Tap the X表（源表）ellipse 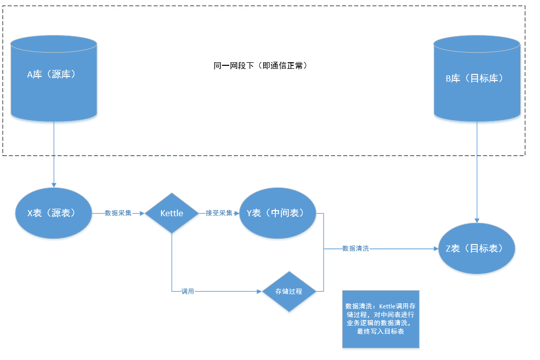click(54, 213)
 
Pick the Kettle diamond click(172, 213)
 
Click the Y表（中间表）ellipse click(277, 213)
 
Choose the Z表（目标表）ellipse click(476, 248)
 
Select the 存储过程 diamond click(288, 292)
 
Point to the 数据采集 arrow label click(118, 213)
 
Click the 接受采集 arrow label click(219, 213)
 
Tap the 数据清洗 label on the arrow click(355, 249)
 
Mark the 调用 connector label click(188, 292)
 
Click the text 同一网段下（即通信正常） click(261, 66)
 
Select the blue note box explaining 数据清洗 click(381, 319)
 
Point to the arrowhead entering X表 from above click(54, 185)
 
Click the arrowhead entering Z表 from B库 click(477, 220)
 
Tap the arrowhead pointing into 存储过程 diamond click(259, 292)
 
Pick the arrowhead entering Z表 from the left click(435, 249)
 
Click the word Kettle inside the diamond click(172, 213)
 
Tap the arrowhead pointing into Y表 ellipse click(236, 213)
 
